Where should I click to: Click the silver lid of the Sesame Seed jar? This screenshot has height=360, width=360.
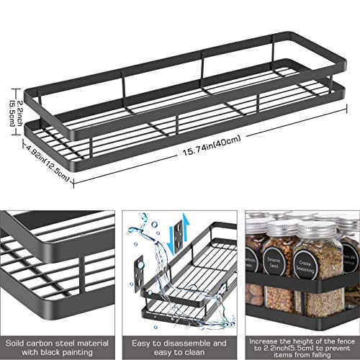click(x=276, y=225)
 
